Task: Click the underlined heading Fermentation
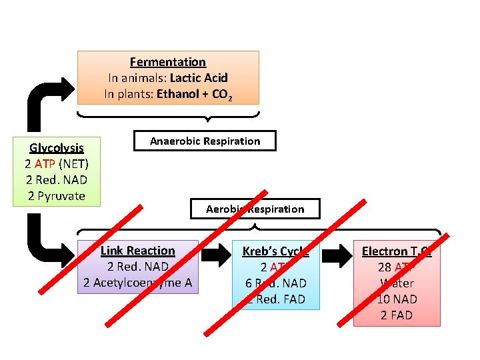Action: tap(168, 62)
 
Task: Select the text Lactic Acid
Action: tap(199, 78)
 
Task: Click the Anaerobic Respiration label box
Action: tap(205, 141)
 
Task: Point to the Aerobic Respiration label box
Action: tap(255, 209)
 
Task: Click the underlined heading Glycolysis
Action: tap(57, 148)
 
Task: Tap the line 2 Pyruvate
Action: tap(57, 196)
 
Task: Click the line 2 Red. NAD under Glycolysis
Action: tap(57, 180)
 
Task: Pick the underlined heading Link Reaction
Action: tap(137, 251)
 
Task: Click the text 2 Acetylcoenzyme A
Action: tap(137, 283)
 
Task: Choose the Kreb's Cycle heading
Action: tap(275, 251)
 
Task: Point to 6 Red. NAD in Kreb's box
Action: tap(275, 283)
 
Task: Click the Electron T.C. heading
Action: tap(397, 251)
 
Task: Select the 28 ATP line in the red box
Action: tap(397, 267)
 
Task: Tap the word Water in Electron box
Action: tap(397, 283)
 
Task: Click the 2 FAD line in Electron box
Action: tap(397, 315)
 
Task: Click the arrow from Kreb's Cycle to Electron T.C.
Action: tap(337, 254)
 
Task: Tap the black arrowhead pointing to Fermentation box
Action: tap(65, 90)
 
